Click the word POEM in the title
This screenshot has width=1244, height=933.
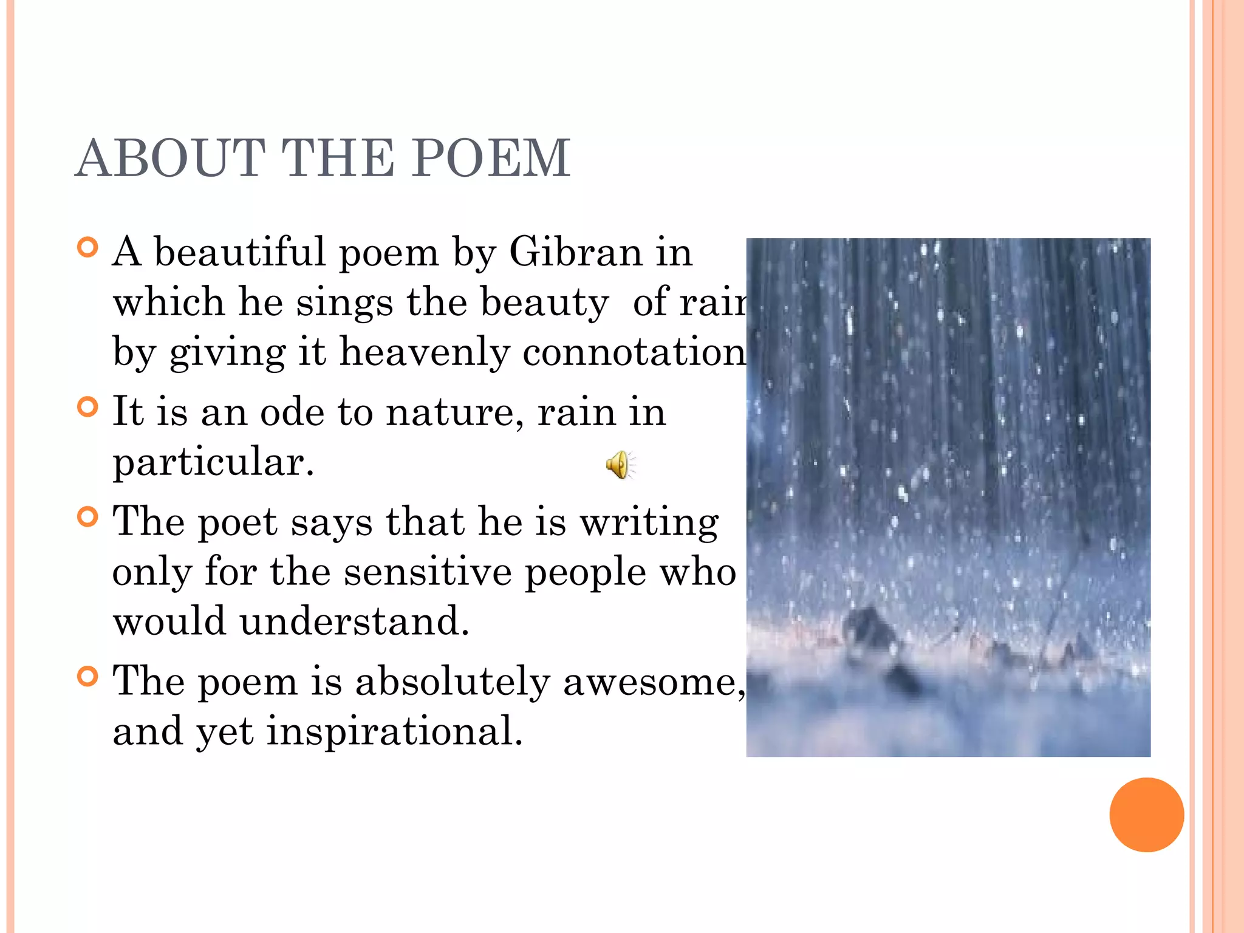pos(493,159)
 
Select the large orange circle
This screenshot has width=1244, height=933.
pos(1146,815)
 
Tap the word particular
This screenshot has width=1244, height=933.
pos(213,462)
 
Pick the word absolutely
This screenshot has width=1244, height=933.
pos(452,682)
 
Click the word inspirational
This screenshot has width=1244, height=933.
pos(394,731)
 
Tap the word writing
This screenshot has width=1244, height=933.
pos(649,522)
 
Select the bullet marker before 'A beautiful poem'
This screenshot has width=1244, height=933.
pos(88,248)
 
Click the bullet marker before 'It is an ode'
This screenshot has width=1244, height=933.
pos(88,407)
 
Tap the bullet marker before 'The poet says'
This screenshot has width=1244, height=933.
pos(88,518)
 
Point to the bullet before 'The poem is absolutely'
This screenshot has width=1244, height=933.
pos(88,676)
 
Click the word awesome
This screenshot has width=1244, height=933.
pos(654,682)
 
